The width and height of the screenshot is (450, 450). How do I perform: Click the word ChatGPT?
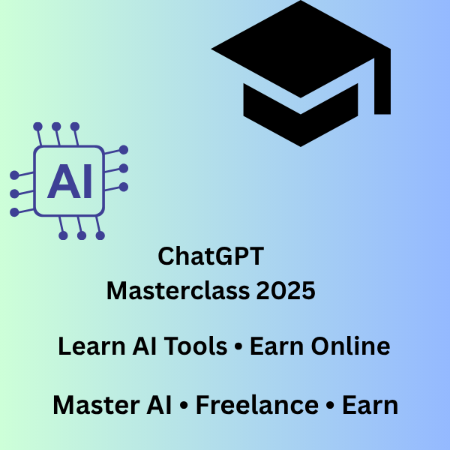pyautogui.click(x=211, y=256)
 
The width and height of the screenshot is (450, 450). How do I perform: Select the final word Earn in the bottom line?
pyautogui.click(x=370, y=406)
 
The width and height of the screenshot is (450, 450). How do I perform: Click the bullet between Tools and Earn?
pyautogui.click(x=238, y=347)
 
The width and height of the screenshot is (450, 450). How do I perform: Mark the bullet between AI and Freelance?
pyautogui.click(x=184, y=406)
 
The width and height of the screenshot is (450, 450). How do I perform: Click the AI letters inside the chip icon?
pyautogui.click(x=70, y=181)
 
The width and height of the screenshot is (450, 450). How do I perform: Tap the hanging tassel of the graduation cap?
pyautogui.click(x=382, y=86)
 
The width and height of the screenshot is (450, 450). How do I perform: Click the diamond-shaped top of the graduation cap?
pyautogui.click(x=300, y=49)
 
